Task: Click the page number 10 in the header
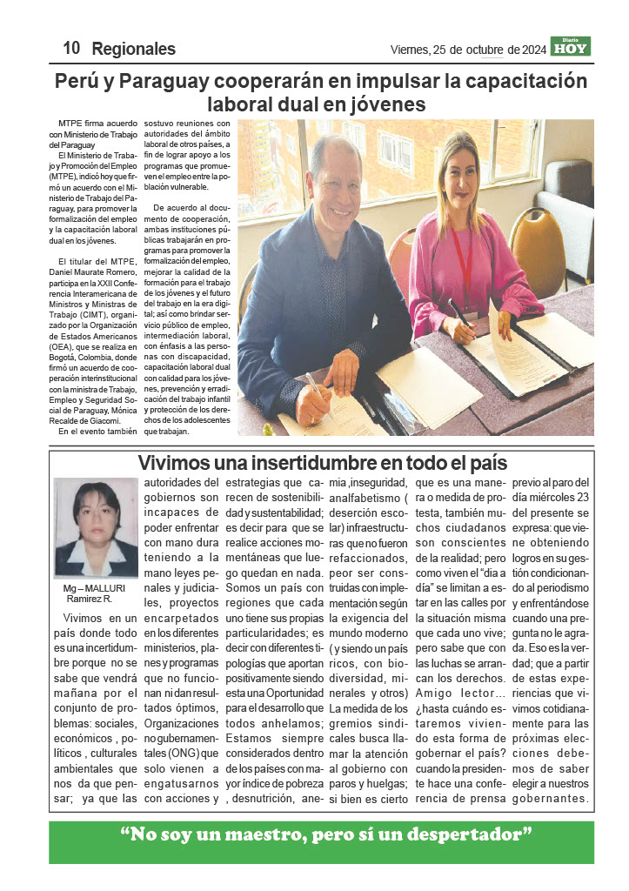pos(71,49)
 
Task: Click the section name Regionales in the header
pos(133,50)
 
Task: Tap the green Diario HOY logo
pos(571,47)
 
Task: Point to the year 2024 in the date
pos(529,50)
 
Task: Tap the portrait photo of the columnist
pos(96,528)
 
